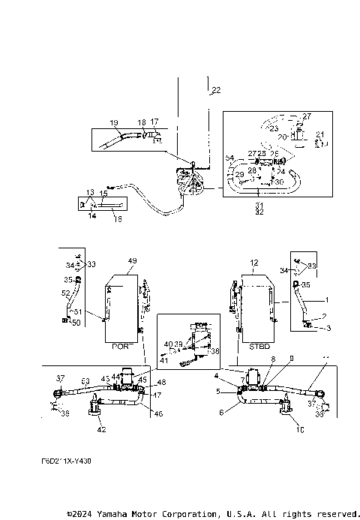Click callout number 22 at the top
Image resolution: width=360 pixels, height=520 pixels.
point(216,91)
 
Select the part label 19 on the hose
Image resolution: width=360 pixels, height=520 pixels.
point(114,122)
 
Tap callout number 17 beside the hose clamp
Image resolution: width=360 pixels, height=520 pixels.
point(154,122)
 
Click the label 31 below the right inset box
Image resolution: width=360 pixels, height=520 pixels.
point(259,206)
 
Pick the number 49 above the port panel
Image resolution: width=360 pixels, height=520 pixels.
point(133,260)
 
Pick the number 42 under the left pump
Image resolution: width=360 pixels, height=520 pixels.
point(100,430)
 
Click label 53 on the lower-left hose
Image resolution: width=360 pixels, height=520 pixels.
point(85,380)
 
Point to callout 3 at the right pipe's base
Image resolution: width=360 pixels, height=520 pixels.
point(327,327)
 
